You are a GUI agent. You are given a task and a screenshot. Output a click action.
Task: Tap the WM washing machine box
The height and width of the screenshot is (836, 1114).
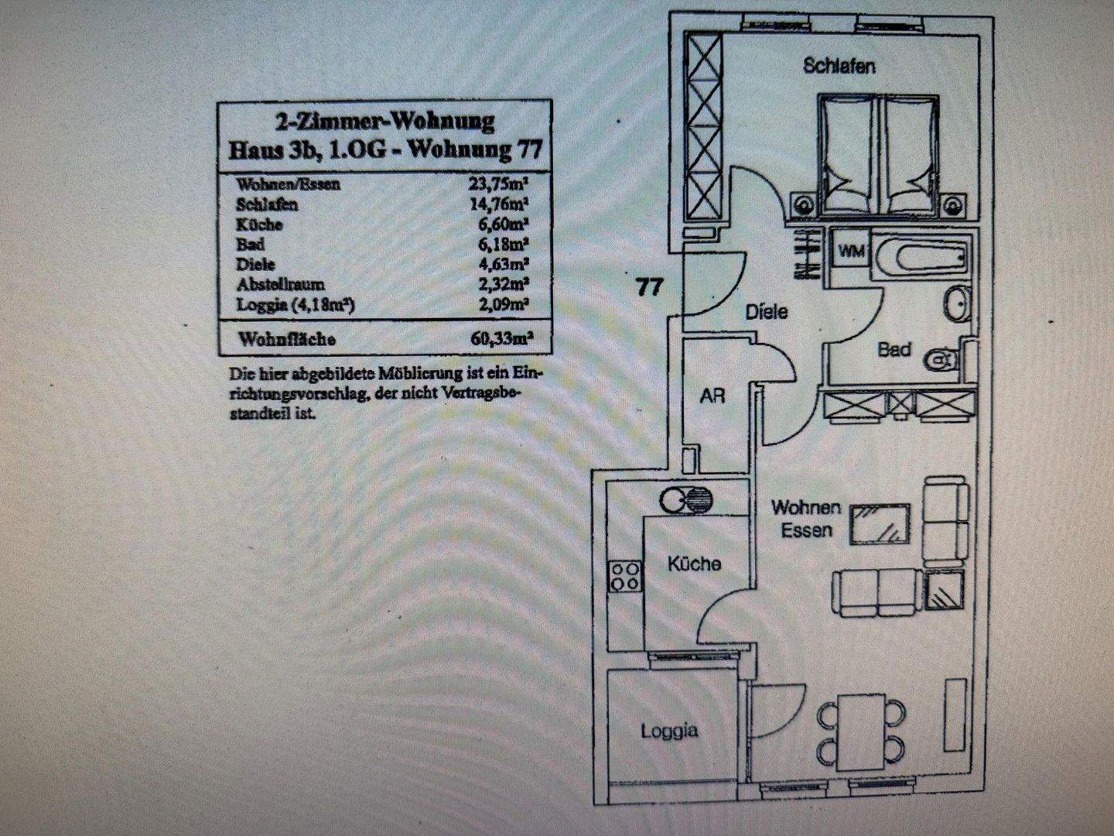[x=853, y=251]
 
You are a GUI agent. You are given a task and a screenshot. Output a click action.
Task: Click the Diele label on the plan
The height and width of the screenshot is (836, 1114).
[x=767, y=312]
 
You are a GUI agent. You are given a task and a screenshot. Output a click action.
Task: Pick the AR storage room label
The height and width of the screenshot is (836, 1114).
[x=712, y=395]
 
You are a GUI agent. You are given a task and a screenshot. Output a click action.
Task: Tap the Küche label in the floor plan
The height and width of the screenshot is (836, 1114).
[x=694, y=564]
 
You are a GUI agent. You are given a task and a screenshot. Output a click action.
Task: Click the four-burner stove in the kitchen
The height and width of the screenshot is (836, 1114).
[x=626, y=575]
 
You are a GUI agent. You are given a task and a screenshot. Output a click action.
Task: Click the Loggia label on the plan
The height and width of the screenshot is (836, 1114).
[x=669, y=730]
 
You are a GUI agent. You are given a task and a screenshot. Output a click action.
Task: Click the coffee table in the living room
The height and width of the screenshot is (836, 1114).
[x=880, y=524]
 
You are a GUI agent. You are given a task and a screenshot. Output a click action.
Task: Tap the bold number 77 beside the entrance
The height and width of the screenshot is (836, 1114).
[x=650, y=286]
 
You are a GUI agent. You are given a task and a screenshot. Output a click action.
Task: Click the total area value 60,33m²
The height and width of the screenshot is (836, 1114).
[x=502, y=338]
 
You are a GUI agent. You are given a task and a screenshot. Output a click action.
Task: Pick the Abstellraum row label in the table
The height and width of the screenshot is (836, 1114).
[x=280, y=284]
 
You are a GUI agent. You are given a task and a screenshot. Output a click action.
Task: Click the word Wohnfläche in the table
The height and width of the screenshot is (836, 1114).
[x=287, y=339]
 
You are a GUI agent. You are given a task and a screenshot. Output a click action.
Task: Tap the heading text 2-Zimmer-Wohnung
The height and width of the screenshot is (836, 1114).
[x=384, y=122]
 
